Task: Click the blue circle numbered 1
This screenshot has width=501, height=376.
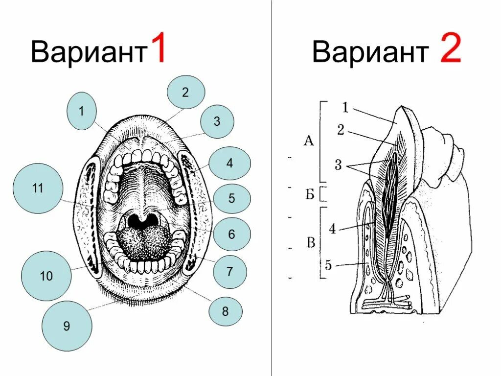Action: pos(82,111)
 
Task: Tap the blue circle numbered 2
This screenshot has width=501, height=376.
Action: pos(185,92)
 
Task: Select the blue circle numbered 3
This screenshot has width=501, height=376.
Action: pos(217,121)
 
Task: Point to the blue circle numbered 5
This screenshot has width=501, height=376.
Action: pos(231,199)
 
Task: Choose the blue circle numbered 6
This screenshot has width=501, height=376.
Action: pos(231,235)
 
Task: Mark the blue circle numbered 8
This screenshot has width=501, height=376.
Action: pos(225,311)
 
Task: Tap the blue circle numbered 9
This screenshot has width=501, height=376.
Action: pos(67,326)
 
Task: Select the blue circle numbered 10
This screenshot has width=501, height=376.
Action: pos(46,277)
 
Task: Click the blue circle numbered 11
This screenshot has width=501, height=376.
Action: pos(38,188)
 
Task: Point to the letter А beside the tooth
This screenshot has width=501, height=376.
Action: pos(308,141)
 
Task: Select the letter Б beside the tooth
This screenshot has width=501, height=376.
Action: pos(309,194)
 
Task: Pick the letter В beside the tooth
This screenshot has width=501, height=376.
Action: pos(310,243)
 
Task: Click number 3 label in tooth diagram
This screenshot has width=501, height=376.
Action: pos(338,165)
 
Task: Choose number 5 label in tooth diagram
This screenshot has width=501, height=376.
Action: pos(328,266)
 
